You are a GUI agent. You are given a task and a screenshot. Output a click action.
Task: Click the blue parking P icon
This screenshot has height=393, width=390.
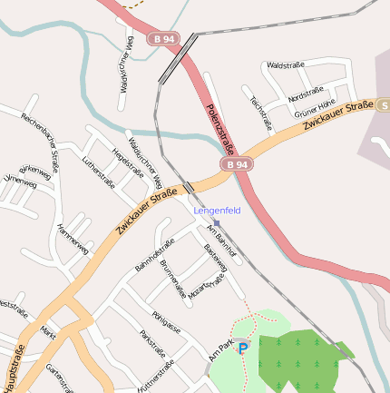(x=243, y=348)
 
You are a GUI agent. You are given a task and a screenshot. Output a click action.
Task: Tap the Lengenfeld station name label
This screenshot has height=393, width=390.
(x=218, y=211)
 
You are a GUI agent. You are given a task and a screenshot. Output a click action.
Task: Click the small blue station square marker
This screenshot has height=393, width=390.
(x=217, y=223)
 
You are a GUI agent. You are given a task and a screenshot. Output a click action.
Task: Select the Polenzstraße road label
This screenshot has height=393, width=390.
(x=220, y=128)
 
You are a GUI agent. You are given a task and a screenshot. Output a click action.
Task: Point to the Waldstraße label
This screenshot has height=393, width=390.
(x=284, y=65)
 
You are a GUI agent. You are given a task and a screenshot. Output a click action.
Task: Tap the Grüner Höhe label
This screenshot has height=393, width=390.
(x=315, y=108)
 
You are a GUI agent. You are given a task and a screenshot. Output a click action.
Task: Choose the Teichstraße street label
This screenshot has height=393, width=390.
(x=261, y=114)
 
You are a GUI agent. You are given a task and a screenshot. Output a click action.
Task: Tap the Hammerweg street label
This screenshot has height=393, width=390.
(x=73, y=239)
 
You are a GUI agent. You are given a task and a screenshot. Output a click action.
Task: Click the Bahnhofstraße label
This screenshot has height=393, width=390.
(x=154, y=255)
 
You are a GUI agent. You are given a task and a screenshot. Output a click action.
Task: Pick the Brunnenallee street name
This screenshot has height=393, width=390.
(x=172, y=280)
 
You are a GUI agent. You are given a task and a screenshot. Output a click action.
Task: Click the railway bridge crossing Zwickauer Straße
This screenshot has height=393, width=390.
(x=188, y=187)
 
